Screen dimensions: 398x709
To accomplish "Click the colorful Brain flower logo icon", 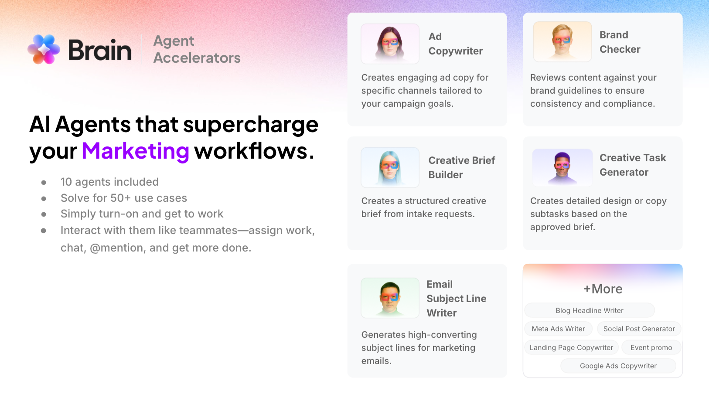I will (x=44, y=49).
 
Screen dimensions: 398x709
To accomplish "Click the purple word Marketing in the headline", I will (x=135, y=151).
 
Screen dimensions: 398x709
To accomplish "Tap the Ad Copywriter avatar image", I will (x=390, y=44).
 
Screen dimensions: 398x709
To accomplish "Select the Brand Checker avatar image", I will (x=562, y=42).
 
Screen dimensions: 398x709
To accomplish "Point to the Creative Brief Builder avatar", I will (x=390, y=167).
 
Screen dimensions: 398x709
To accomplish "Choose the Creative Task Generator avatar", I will (x=562, y=167).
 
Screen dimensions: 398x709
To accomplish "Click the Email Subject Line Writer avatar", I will (x=390, y=298).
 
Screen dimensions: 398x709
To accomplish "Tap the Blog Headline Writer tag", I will (x=590, y=310).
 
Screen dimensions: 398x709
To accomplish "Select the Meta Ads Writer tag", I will (x=558, y=329).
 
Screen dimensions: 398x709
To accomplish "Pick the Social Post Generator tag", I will (x=639, y=329).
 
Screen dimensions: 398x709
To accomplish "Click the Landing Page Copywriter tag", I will (x=571, y=347).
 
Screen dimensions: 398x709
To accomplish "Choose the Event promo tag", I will (x=651, y=347).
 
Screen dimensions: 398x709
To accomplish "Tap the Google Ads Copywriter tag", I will (x=618, y=366).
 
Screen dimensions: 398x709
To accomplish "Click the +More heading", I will (x=603, y=289).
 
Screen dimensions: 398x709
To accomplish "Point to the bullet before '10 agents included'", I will (x=44, y=183).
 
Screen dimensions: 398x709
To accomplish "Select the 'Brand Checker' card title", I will (x=620, y=42).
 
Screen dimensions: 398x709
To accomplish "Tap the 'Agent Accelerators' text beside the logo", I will (x=197, y=49).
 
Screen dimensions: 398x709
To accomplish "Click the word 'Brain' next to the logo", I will (x=100, y=50).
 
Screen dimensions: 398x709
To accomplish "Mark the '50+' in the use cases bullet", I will (x=120, y=198).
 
